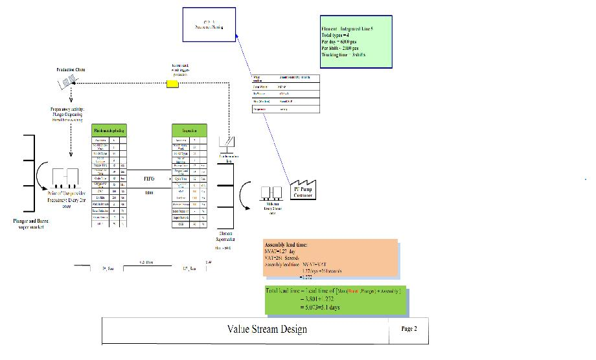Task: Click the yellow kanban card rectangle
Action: pyautogui.click(x=173, y=84)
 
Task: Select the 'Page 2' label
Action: pyautogui.click(x=409, y=329)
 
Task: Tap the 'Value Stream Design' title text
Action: pyautogui.click(x=267, y=329)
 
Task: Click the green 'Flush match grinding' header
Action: pyautogui.click(x=109, y=130)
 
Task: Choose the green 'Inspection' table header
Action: pyautogui.click(x=189, y=130)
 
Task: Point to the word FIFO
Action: pyautogui.click(x=148, y=177)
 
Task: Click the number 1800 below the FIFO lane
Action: pyautogui.click(x=148, y=193)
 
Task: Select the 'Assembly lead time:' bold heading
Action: pyautogui.click(x=290, y=245)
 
